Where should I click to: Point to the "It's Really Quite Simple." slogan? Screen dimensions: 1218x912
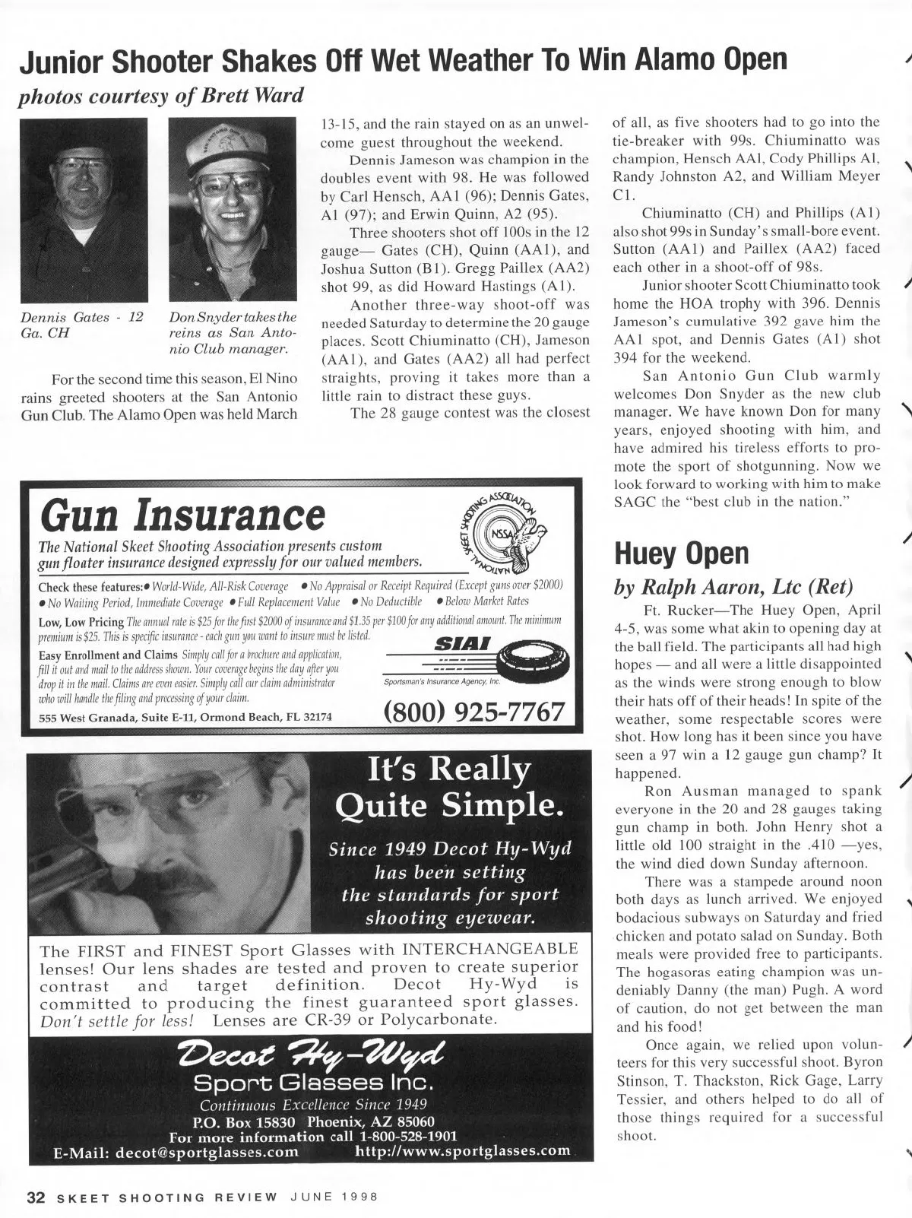448,788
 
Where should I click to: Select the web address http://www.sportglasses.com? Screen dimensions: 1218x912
463,1150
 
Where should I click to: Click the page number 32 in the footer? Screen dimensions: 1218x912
36,1196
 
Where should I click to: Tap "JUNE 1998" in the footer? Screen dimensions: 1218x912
335,1196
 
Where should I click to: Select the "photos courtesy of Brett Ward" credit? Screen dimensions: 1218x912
161,96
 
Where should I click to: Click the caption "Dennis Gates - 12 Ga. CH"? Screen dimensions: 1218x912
82,325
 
